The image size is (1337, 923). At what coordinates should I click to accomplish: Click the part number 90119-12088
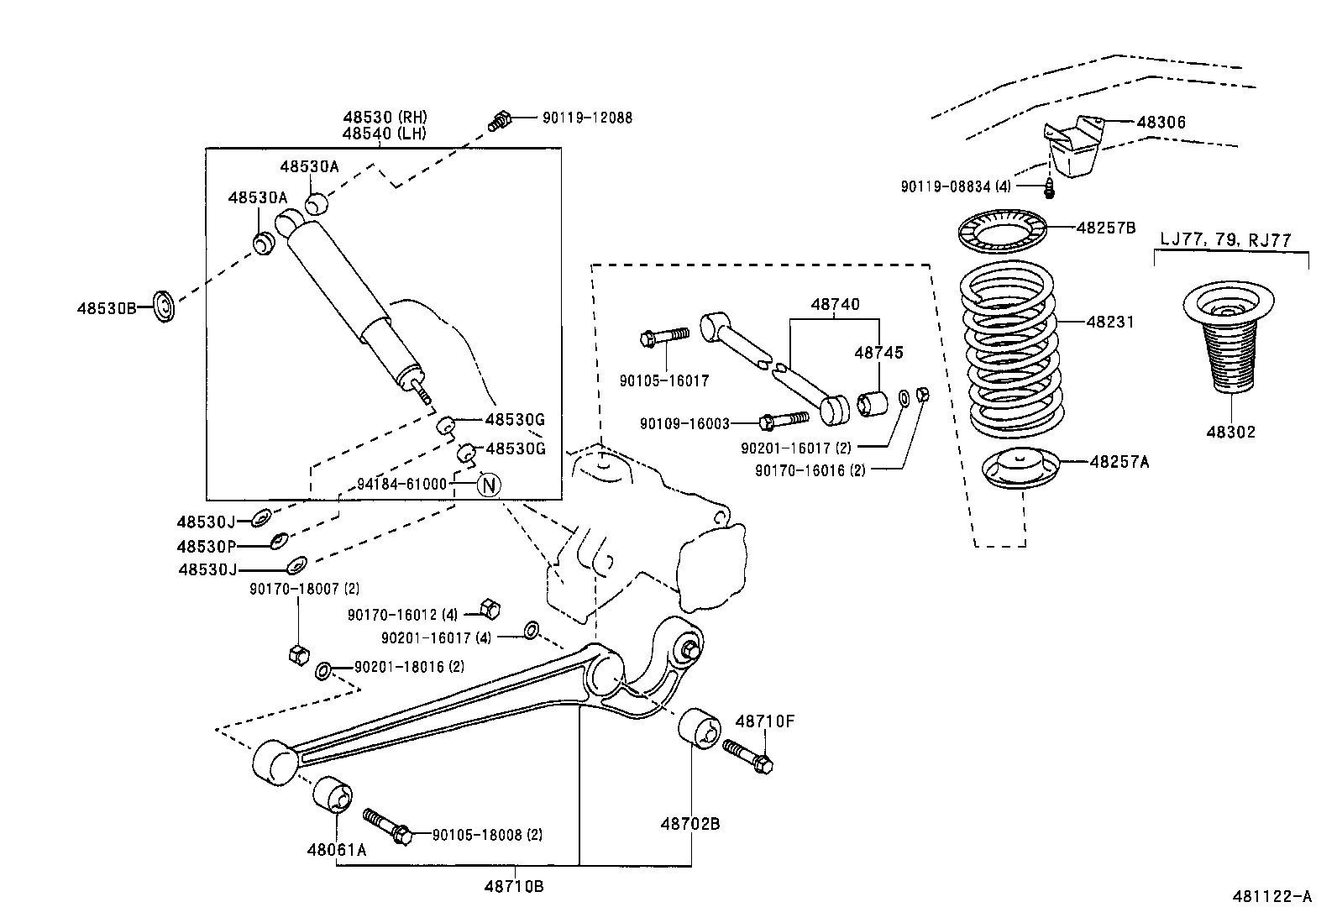(x=575, y=118)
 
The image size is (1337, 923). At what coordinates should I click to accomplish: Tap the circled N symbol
(x=489, y=485)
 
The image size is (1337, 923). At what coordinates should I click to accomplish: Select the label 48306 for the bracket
(x=1161, y=123)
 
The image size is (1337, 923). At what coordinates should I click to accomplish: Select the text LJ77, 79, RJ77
(x=1225, y=239)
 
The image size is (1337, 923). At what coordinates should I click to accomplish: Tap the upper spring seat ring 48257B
(x=1003, y=231)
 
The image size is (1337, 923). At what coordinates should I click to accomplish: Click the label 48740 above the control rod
(x=835, y=304)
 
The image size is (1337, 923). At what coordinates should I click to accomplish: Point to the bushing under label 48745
(x=873, y=403)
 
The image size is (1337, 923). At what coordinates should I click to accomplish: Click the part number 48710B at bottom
(x=513, y=885)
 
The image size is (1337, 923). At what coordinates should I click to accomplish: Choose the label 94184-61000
(x=401, y=484)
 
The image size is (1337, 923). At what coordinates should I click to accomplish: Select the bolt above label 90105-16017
(x=663, y=337)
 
